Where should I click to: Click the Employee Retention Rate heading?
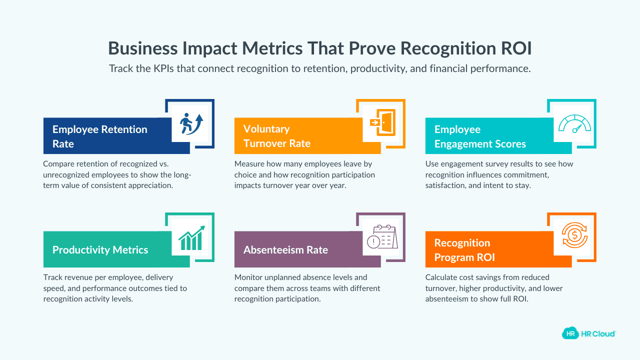point(100,136)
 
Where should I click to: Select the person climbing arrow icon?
point(189,123)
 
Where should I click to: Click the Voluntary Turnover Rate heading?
point(276,136)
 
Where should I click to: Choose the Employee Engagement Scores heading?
point(480,136)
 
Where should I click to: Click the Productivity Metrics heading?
point(100,250)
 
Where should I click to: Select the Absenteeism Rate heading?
point(285,250)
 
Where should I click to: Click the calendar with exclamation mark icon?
point(381,237)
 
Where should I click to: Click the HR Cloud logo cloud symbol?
point(570,333)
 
